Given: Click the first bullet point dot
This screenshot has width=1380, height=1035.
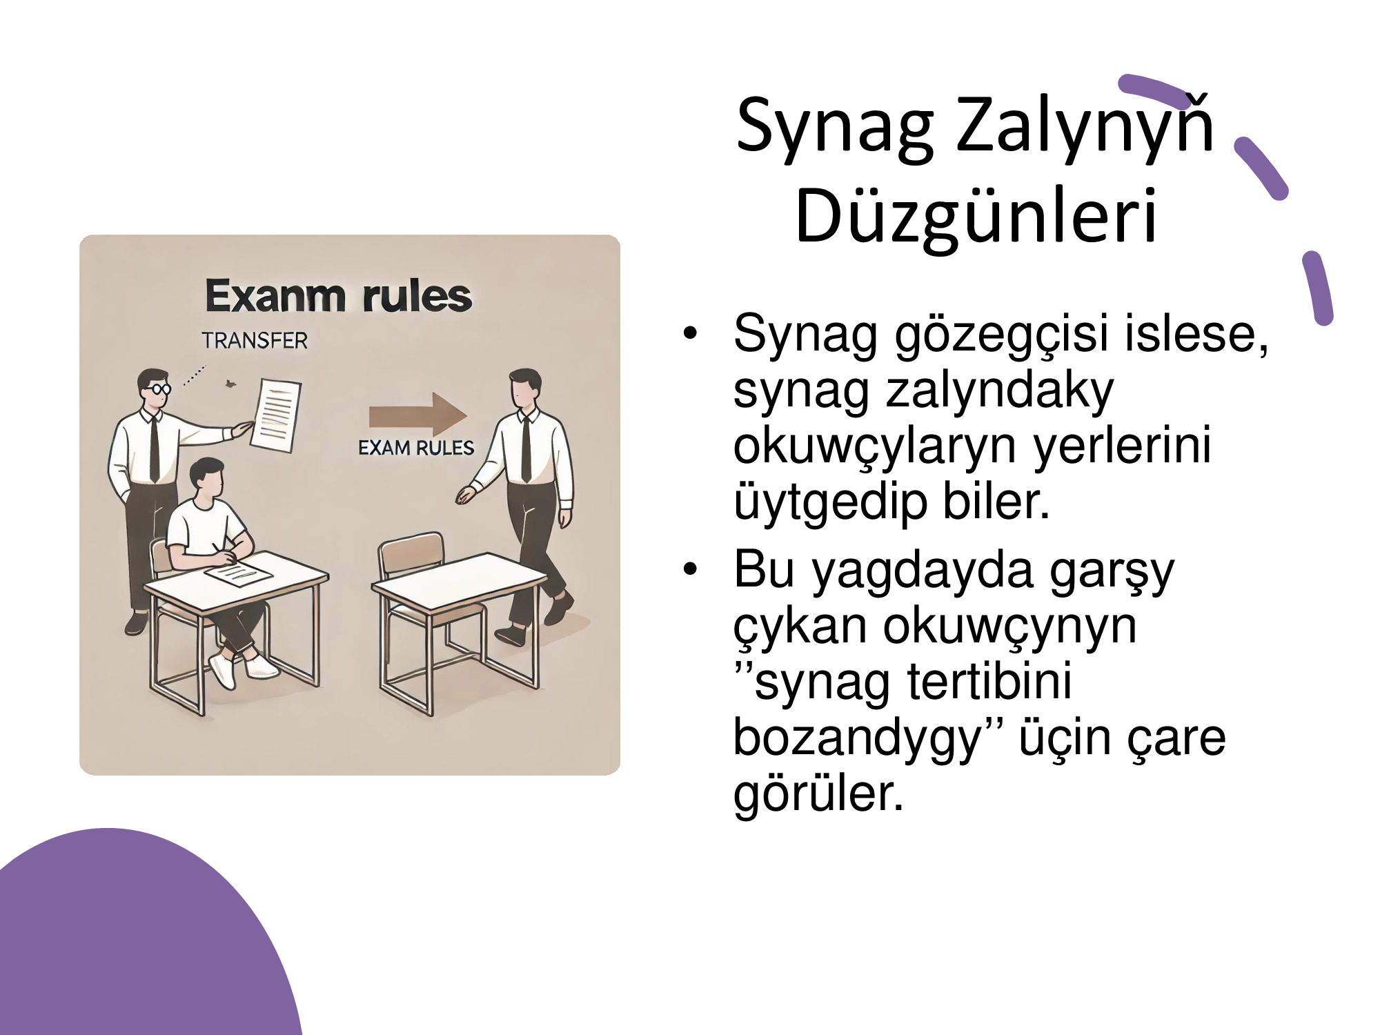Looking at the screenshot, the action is pyautogui.click(x=690, y=335).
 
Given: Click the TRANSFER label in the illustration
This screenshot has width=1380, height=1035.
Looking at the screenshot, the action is pyautogui.click(x=255, y=341).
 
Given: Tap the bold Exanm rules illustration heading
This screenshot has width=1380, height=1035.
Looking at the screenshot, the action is pyautogui.click(x=338, y=296).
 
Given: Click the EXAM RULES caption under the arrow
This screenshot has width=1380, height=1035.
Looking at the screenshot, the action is pyautogui.click(x=416, y=448).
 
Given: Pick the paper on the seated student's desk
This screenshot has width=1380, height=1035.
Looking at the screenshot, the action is pyautogui.click(x=237, y=572).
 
